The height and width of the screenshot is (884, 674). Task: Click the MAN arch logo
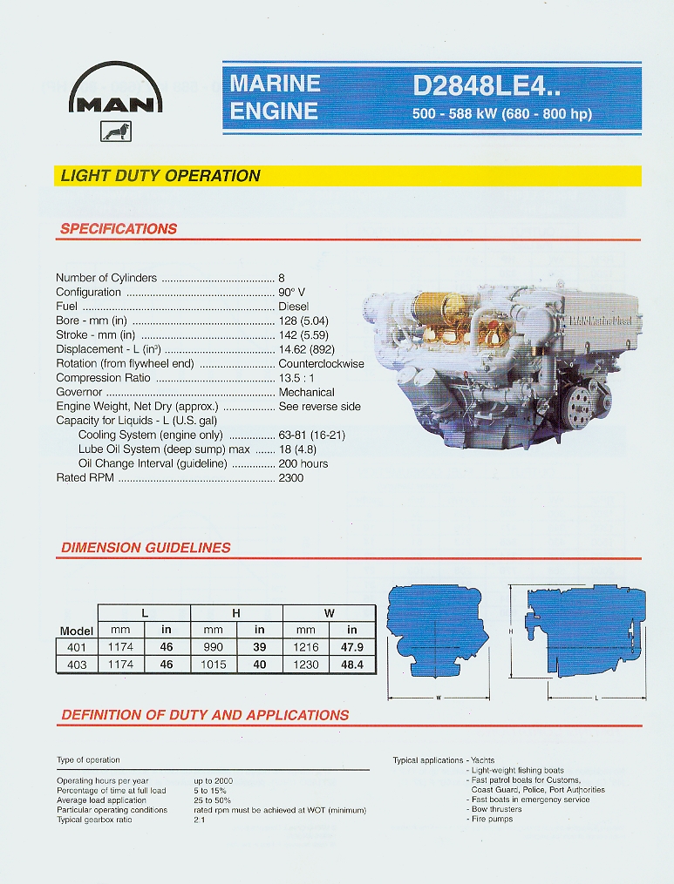114,91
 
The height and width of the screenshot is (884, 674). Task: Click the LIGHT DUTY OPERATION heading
160,175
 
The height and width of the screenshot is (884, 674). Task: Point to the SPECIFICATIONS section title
119,229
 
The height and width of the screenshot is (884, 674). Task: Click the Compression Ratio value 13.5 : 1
296,378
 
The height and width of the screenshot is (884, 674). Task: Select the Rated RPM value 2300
291,478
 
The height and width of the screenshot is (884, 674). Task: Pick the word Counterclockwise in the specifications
321,364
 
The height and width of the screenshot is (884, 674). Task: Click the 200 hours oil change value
303,463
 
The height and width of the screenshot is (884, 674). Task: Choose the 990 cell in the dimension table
213,647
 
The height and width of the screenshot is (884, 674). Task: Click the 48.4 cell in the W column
352,665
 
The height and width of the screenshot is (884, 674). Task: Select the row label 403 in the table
77,665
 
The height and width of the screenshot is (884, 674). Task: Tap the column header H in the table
236,613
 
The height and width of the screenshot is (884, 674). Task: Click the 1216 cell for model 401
306,647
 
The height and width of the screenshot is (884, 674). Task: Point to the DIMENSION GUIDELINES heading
146,548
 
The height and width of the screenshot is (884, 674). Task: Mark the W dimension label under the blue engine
438,698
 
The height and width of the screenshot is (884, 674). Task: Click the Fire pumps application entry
492,819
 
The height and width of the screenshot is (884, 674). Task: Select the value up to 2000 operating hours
214,781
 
